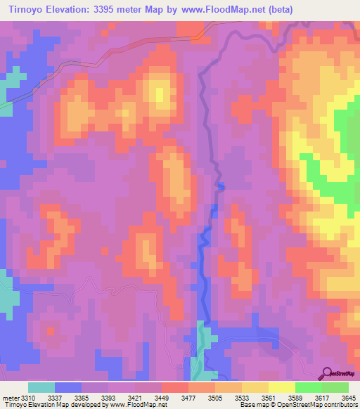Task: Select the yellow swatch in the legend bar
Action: point(281,387)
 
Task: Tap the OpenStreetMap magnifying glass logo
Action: point(327,372)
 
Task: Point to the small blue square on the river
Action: point(221,186)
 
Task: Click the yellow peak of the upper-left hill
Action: point(160,93)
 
